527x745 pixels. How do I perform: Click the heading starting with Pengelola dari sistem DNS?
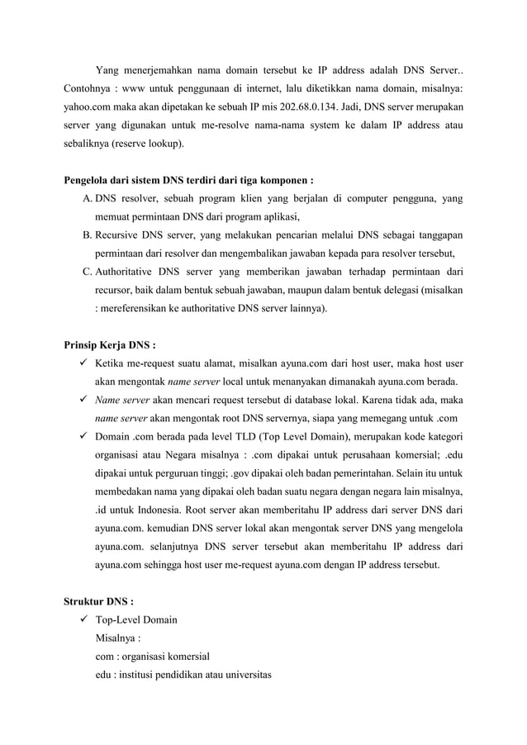[188, 179]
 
